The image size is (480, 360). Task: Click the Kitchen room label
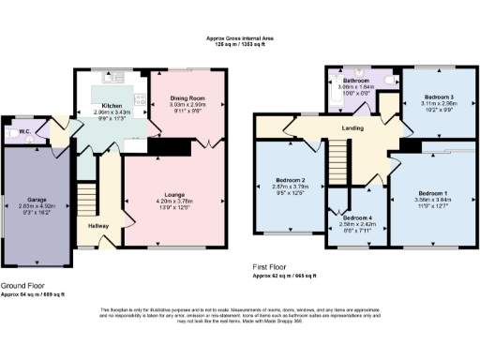[x=112, y=106]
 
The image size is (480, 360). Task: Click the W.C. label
[x=25, y=131]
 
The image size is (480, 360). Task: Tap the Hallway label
[x=98, y=226]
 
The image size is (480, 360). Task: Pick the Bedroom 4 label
[x=355, y=218]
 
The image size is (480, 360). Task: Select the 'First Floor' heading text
[x=277, y=267]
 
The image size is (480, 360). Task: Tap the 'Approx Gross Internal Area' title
[x=240, y=38]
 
